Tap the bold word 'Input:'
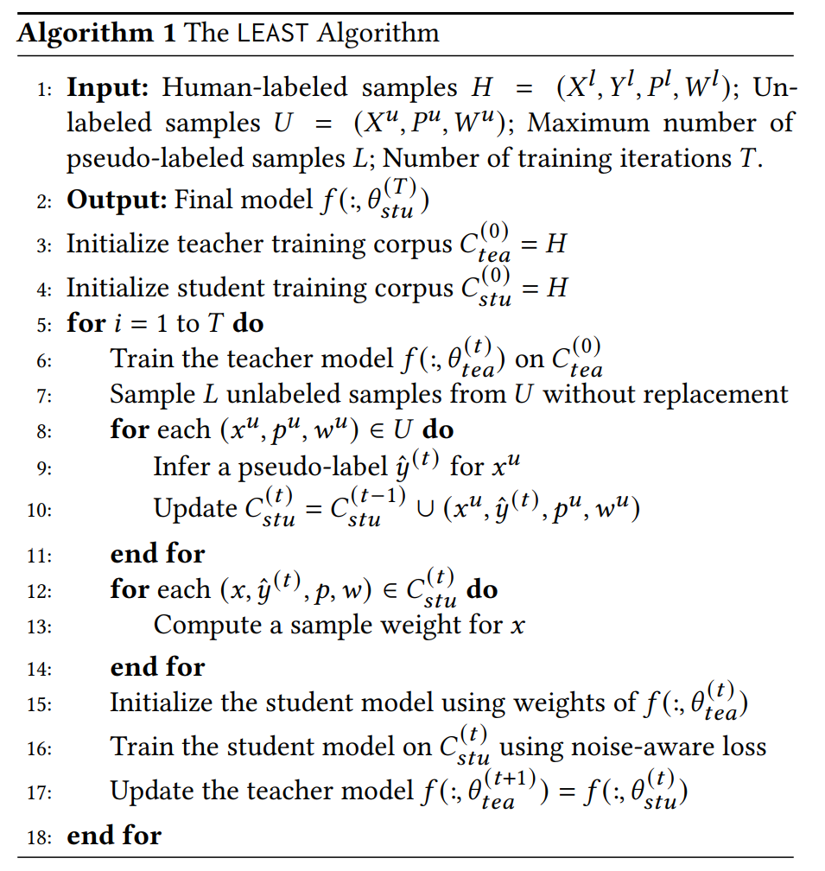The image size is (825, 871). click(109, 87)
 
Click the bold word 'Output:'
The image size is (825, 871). click(117, 200)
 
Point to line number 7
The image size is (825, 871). click(44, 397)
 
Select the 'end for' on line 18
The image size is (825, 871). click(114, 836)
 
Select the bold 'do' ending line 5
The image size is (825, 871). click(248, 324)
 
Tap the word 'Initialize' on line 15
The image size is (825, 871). click(161, 703)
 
